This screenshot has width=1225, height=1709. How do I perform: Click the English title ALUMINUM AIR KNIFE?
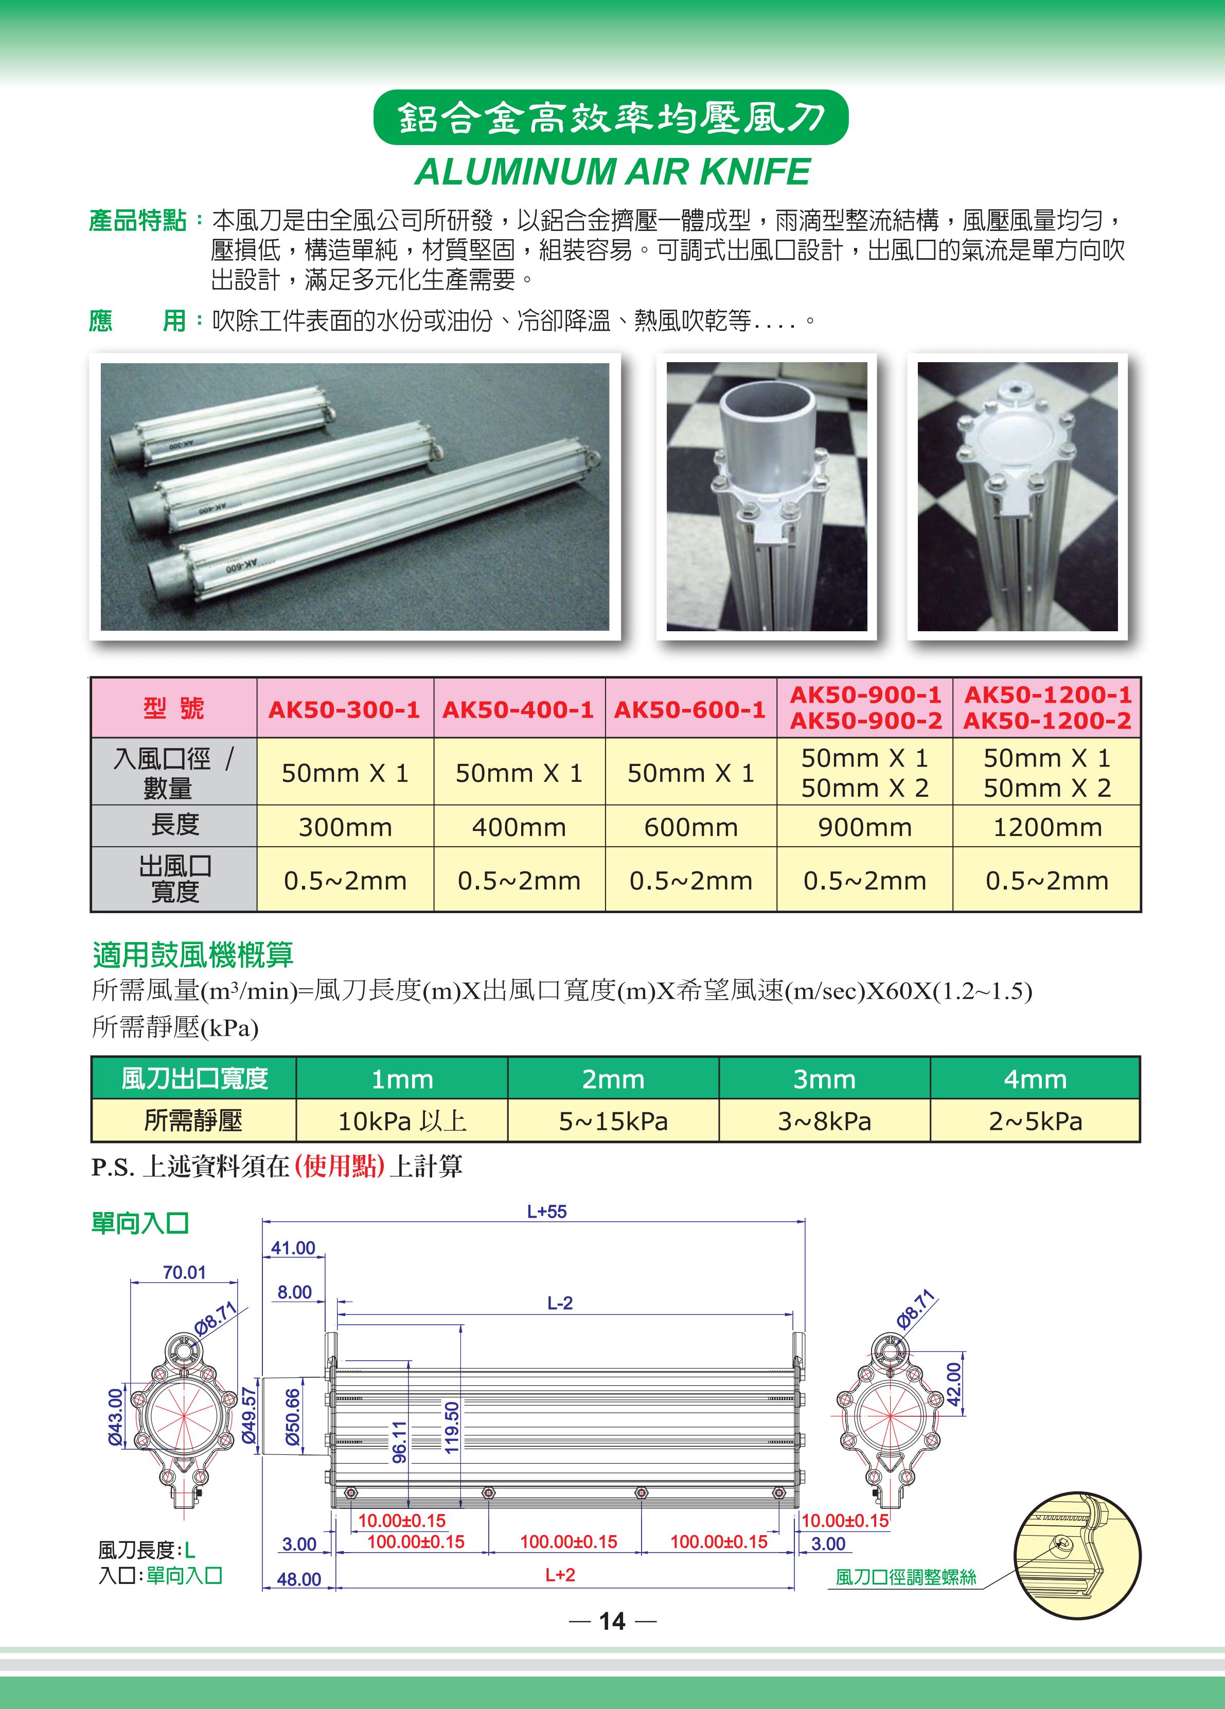point(612,172)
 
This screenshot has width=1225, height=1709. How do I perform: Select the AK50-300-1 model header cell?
point(344,709)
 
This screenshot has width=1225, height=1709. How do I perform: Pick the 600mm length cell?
point(691,827)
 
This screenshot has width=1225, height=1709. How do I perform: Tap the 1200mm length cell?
point(1047,827)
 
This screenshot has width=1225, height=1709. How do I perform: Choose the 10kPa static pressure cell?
point(401,1121)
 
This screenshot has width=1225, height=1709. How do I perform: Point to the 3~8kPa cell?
point(824,1121)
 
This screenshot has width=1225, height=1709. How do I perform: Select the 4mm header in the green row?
point(1035,1079)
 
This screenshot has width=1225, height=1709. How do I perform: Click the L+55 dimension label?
point(546,1212)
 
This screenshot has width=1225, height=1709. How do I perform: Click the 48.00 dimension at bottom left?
point(298,1579)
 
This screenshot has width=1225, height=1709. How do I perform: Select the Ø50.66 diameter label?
point(293,1417)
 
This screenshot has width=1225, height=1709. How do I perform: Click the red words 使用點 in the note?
point(340,1166)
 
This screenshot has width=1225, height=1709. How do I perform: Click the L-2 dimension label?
point(560,1303)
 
